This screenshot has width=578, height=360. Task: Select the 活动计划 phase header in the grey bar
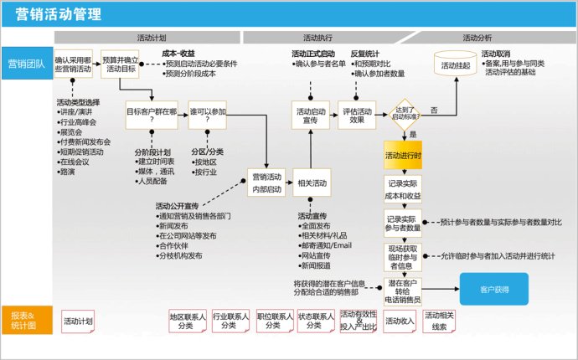click(151, 39)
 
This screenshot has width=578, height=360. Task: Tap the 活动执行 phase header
click(317, 39)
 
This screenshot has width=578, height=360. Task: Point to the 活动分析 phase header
click(477, 39)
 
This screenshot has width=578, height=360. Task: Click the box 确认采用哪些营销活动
click(75, 65)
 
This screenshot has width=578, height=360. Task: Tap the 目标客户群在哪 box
click(152, 115)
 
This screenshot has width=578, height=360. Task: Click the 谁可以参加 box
click(209, 115)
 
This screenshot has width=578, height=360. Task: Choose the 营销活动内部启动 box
click(266, 182)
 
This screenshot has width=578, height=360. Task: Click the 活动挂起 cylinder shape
click(456, 64)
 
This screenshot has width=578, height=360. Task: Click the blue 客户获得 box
click(494, 288)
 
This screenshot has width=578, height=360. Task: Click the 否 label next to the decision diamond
click(434, 110)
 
